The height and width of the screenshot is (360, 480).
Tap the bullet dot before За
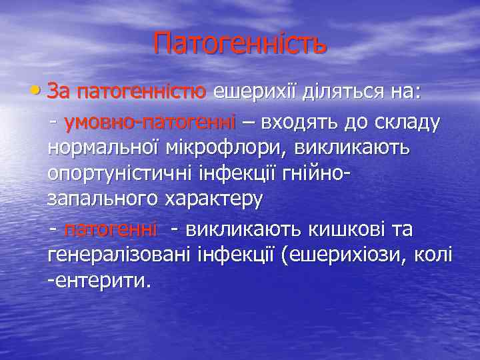(x=39, y=92)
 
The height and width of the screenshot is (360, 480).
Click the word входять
(x=299, y=122)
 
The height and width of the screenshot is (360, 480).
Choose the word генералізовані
(x=117, y=255)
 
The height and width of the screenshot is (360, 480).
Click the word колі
(x=433, y=255)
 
